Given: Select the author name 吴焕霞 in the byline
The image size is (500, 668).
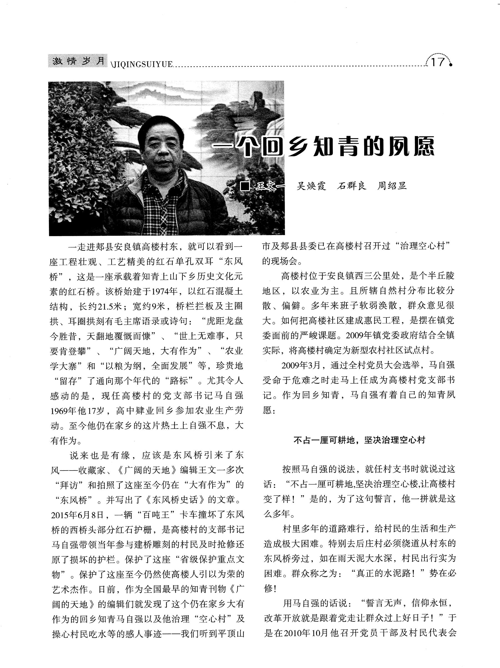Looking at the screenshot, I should click(311, 186).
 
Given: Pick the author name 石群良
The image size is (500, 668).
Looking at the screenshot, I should click(351, 186).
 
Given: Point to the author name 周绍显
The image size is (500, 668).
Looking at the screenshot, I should click(392, 186).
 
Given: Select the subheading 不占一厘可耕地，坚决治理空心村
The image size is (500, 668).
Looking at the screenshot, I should click(359, 440).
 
